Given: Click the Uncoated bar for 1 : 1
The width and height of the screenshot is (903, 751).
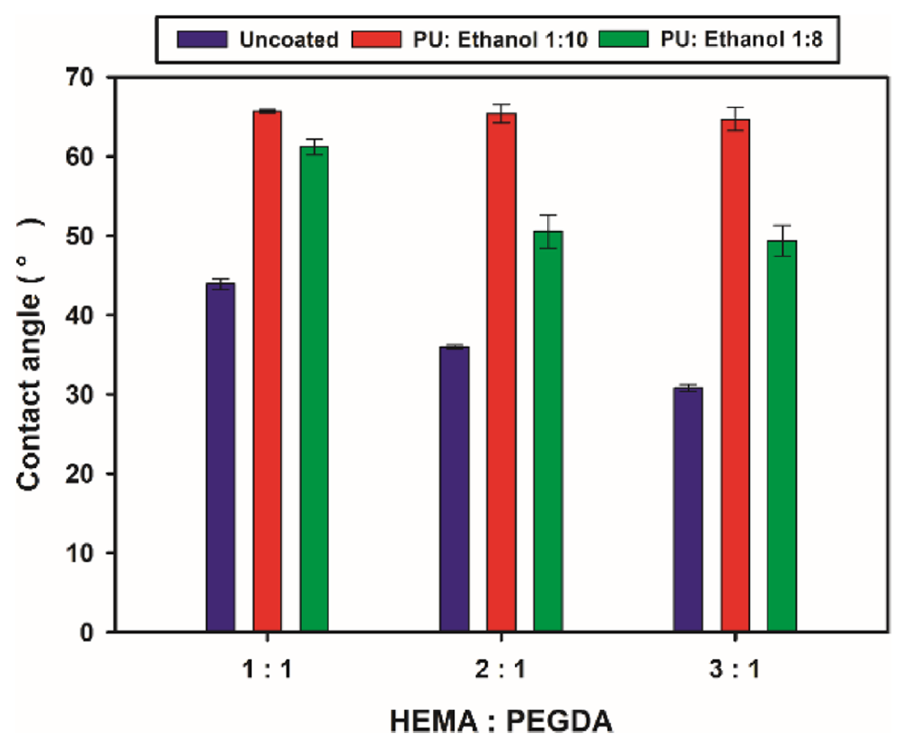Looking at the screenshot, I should click(220, 457).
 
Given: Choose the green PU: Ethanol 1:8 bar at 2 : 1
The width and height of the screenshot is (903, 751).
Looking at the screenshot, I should click(548, 431).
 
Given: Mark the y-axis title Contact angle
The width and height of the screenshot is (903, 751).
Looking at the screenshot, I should click(31, 354).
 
